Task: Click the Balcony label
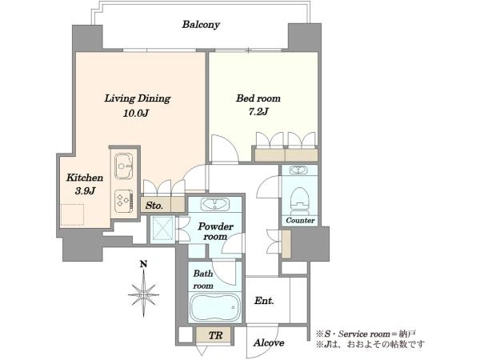[201, 25]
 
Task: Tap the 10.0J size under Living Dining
[136, 114]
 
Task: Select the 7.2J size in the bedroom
[258, 112]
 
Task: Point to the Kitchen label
[85, 178]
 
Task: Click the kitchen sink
[123, 166]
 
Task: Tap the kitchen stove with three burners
[124, 201]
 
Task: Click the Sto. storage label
[154, 206]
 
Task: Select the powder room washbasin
[215, 204]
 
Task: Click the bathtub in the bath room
[215, 307]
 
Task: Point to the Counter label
[300, 221]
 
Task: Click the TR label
[215, 335]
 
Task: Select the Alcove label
[269, 343]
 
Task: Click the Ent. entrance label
[264, 301]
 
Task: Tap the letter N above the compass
[143, 264]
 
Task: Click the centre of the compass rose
[143, 294]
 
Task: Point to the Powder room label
[215, 231]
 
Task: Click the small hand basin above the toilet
[298, 170]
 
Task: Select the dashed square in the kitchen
[73, 214]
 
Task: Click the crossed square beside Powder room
[162, 229]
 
